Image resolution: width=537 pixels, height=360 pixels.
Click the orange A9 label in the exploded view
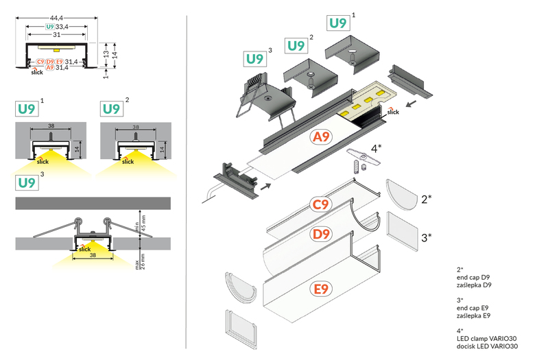[321, 138]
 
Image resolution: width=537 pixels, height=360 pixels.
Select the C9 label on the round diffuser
[322, 204]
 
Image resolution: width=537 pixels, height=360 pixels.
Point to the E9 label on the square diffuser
[322, 289]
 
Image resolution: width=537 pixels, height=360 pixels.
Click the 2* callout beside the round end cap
[426, 200]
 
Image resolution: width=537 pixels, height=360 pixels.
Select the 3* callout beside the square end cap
[426, 238]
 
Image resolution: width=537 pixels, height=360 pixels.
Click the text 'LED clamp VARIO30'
[486, 338]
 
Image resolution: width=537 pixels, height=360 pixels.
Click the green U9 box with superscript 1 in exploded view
[338, 23]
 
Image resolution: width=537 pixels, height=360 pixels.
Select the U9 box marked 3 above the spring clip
[255, 59]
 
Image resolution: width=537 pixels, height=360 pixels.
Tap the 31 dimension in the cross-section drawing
[57, 35]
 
